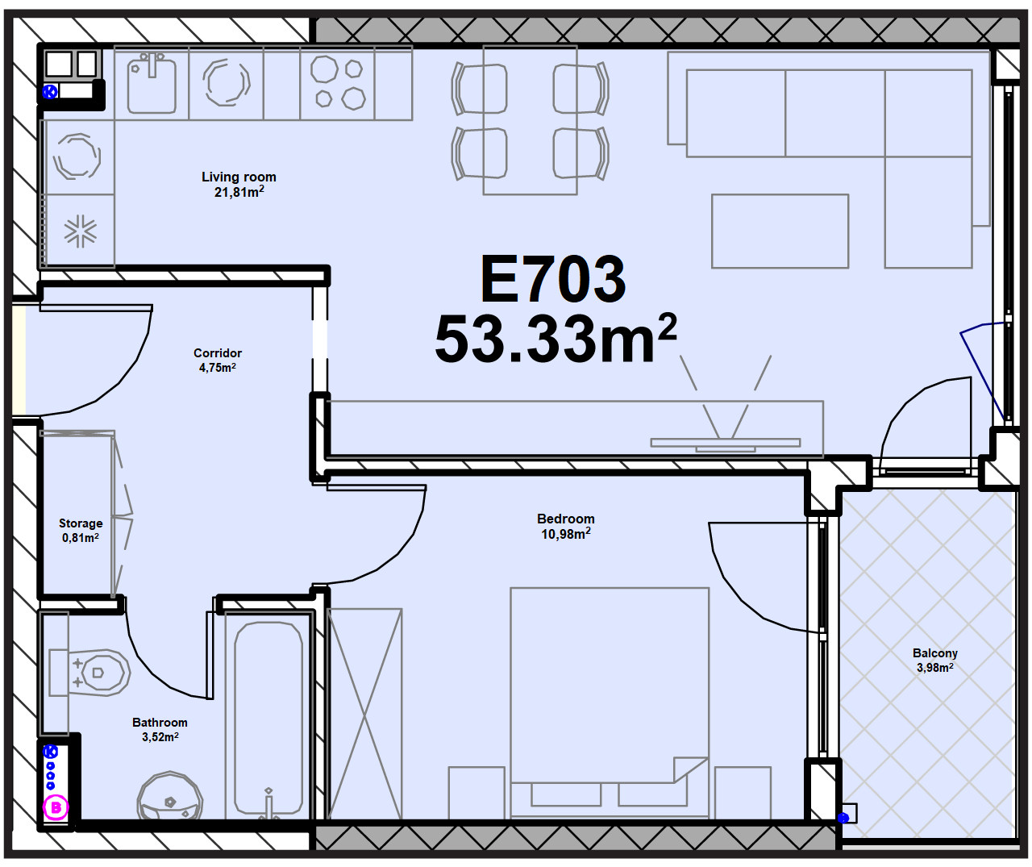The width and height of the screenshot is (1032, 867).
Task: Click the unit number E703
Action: tap(553, 278)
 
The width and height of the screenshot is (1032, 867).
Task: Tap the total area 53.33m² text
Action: tap(555, 339)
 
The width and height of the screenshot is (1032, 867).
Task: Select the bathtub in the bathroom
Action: tap(268, 718)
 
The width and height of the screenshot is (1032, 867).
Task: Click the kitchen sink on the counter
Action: tap(152, 83)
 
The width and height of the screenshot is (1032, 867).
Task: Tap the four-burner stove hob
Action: tap(338, 82)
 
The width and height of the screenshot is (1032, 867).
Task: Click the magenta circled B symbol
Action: tap(56, 807)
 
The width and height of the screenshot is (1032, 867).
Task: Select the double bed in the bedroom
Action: tap(610, 702)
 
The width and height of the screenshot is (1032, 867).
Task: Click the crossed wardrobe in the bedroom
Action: tap(364, 715)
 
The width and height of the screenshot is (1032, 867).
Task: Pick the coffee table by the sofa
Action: tap(780, 231)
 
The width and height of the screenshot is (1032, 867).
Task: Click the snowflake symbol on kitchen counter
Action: tap(80, 231)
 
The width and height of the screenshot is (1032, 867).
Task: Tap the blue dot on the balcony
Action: tap(843, 818)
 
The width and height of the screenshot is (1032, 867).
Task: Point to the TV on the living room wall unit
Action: tap(726, 444)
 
